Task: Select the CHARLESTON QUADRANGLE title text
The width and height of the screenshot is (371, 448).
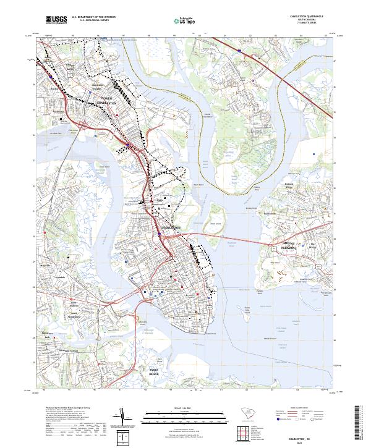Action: pyautogui.click(x=307, y=17)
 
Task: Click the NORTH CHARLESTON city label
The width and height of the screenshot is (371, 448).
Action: pyautogui.click(x=115, y=101)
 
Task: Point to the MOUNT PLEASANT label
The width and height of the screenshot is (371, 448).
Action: pyautogui.click(x=283, y=245)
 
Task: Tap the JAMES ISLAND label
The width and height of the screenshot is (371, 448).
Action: pyautogui.click(x=154, y=371)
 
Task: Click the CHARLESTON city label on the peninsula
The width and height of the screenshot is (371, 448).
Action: pyautogui.click(x=171, y=228)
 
